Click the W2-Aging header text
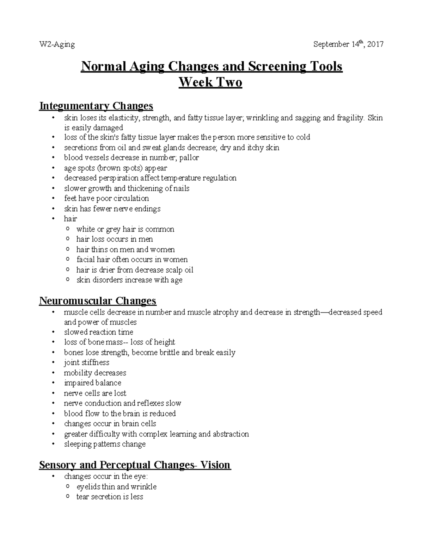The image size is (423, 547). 57,44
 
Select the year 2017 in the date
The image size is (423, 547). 375,44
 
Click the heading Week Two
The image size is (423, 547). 210,82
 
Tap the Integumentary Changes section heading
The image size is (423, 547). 96,106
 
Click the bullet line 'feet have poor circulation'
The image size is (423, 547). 106,198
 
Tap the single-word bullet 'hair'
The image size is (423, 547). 70,219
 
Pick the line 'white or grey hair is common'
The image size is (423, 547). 125,229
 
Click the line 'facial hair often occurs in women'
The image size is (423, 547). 132,260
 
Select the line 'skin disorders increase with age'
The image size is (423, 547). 129,280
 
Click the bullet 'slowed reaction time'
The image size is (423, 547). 98,332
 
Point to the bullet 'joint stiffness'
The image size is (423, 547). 86,362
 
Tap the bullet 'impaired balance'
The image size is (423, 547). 92,383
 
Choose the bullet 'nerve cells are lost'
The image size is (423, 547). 95,393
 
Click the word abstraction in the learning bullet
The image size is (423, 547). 231,434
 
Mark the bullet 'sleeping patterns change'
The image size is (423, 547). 105,444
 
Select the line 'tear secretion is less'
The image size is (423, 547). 110,497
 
